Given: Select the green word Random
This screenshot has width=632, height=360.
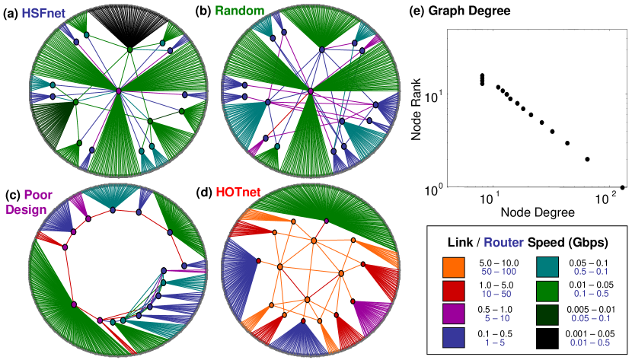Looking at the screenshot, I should point(222,12).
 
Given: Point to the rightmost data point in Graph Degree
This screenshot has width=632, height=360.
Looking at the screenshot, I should point(623,187).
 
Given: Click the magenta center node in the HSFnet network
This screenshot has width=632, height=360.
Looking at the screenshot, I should point(119,91).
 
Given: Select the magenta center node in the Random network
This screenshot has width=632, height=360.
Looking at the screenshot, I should point(311,92).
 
